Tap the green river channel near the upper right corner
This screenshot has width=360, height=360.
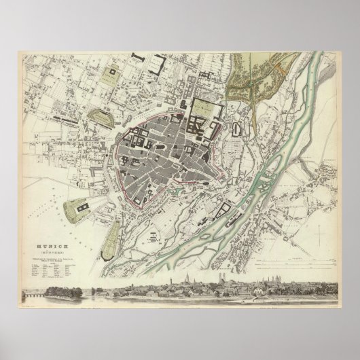[319, 68]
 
